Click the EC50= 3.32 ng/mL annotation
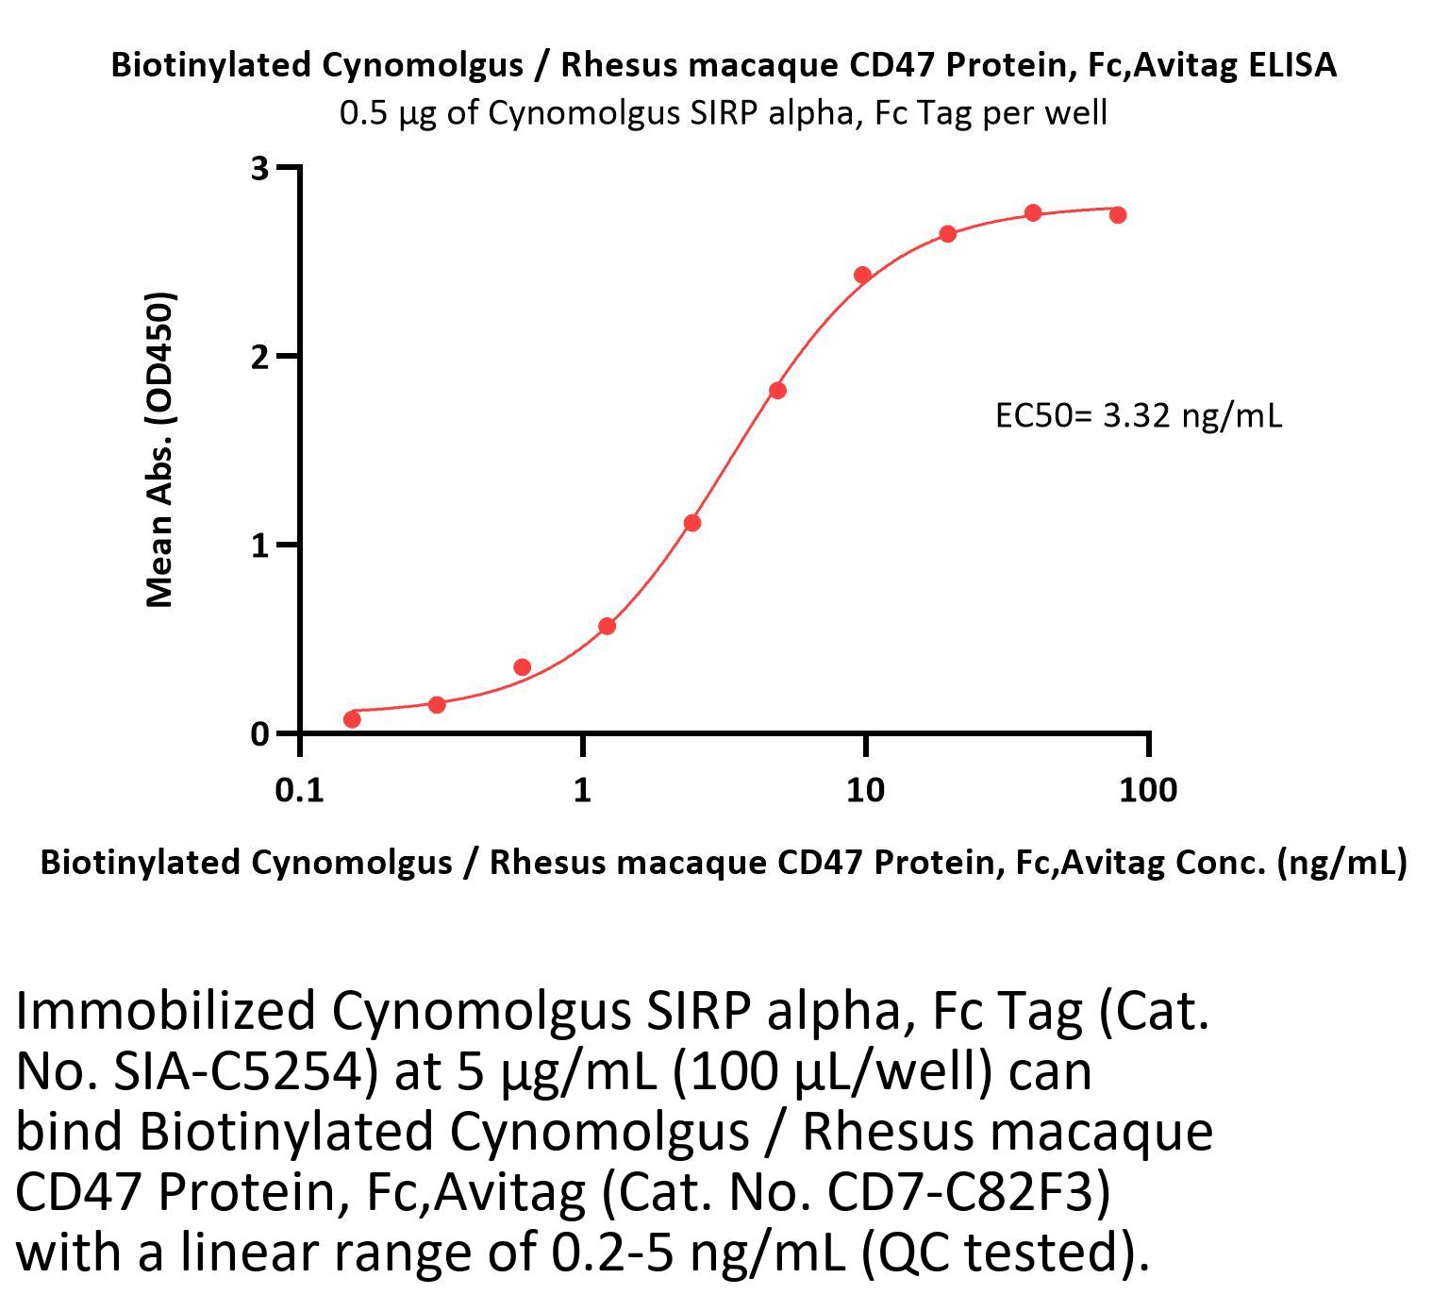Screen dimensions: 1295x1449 (1138, 415)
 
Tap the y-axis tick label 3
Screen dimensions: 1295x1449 (259, 169)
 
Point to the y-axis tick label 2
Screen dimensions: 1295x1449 (259, 357)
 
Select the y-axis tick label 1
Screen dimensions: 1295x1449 (259, 546)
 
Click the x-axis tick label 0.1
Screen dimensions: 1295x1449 (299, 790)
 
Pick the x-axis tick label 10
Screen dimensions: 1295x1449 (865, 790)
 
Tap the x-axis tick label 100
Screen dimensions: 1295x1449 (1148, 790)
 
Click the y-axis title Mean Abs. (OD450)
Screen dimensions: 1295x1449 (160, 449)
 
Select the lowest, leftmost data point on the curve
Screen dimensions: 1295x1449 (352, 719)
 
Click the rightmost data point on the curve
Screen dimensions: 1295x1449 (1118, 215)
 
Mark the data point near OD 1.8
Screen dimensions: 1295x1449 (777, 391)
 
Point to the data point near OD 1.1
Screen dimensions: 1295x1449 (692, 523)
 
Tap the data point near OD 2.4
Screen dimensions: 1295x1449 (862, 276)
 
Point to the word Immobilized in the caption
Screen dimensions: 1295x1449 (165, 1011)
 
